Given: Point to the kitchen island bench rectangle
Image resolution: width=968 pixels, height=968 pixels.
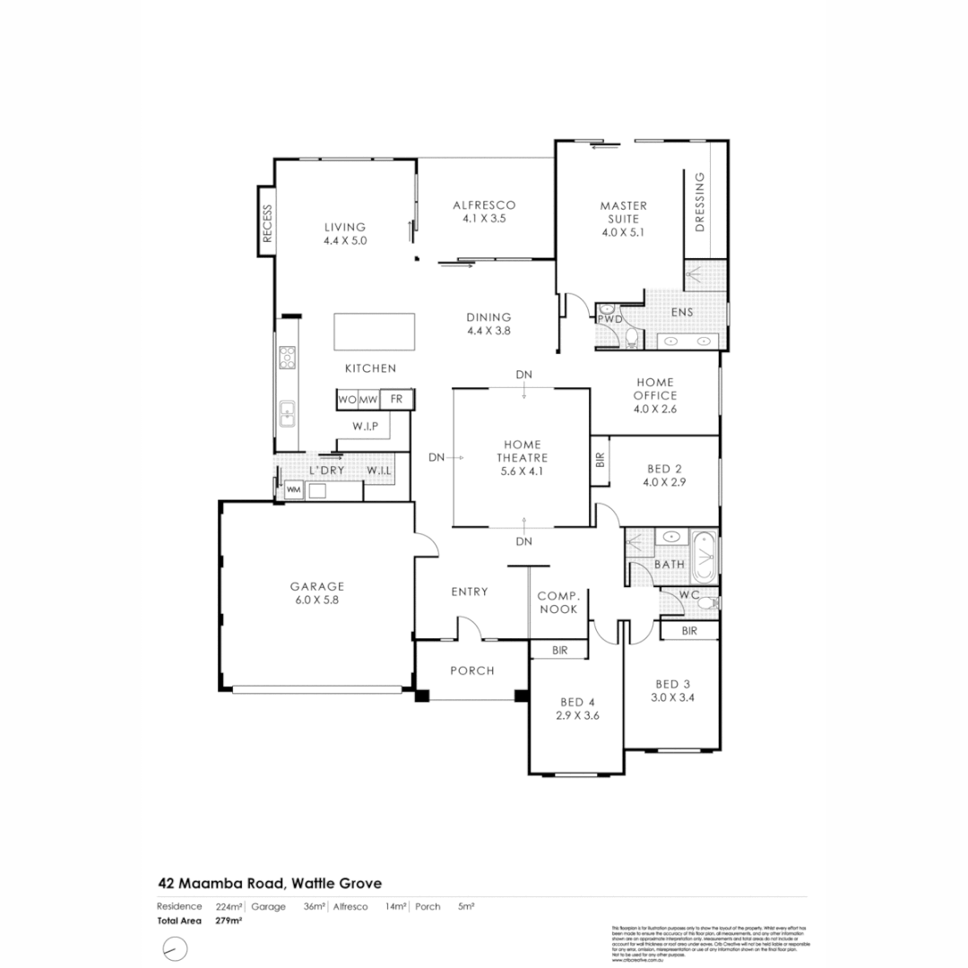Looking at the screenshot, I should point(375,333).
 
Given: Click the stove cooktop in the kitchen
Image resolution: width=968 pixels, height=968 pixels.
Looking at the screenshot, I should point(288,358).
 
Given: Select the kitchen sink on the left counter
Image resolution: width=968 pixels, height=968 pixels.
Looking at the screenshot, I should point(288,413).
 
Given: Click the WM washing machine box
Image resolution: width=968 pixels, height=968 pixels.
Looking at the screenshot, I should point(292,490).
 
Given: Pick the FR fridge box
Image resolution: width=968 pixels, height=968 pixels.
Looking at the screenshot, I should point(396,399).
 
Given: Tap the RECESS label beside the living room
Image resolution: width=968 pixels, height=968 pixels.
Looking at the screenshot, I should point(266,223).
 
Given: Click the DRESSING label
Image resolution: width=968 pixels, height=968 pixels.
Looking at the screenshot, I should point(700,202).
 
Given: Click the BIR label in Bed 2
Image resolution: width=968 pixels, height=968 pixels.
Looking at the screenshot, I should point(600,460).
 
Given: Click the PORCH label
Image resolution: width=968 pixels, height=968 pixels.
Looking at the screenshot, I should point(471,670).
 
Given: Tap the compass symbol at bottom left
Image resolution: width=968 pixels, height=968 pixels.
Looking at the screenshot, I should point(174,947).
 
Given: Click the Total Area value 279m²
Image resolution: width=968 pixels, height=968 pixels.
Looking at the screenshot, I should point(229,920).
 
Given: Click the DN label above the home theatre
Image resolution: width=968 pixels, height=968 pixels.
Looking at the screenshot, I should point(523,374).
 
